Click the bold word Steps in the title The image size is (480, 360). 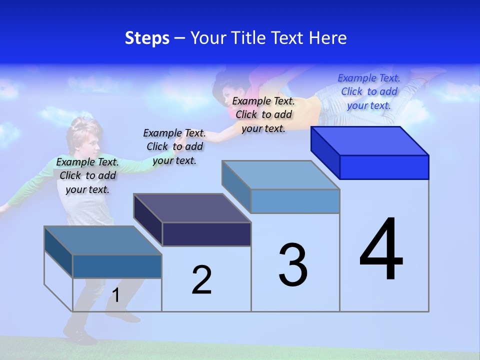click(147, 38)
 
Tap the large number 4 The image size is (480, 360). click(381, 250)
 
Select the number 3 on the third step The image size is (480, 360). click(293, 265)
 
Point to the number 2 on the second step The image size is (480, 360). click(201, 280)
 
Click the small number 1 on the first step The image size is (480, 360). click(116, 295)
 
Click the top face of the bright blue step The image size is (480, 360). click(370, 140)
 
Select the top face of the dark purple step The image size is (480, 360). click(192, 207)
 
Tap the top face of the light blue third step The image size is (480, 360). click(281, 174)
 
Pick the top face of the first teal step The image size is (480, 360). click(103, 240)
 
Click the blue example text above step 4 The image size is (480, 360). click(369, 91)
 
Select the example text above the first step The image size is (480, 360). click(87, 175)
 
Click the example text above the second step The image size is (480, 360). click(174, 146)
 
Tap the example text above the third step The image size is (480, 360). click(263, 114)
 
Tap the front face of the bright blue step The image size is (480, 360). click(384, 167)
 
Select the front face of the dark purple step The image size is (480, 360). click(206, 234)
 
